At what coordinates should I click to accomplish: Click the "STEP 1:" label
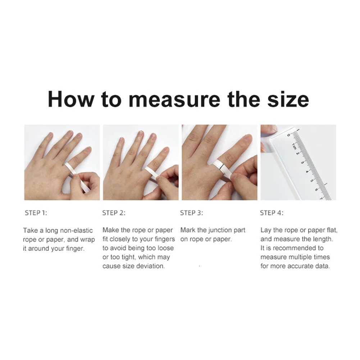tap(36, 213)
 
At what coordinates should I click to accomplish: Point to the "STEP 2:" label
tap(114, 213)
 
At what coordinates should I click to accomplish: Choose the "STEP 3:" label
tap(192, 213)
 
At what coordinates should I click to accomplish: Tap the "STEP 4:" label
tap(272, 213)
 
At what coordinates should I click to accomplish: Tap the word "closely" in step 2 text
tap(122, 239)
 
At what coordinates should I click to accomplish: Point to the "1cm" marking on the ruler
tap(294, 147)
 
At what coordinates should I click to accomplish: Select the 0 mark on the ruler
tap(289, 135)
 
